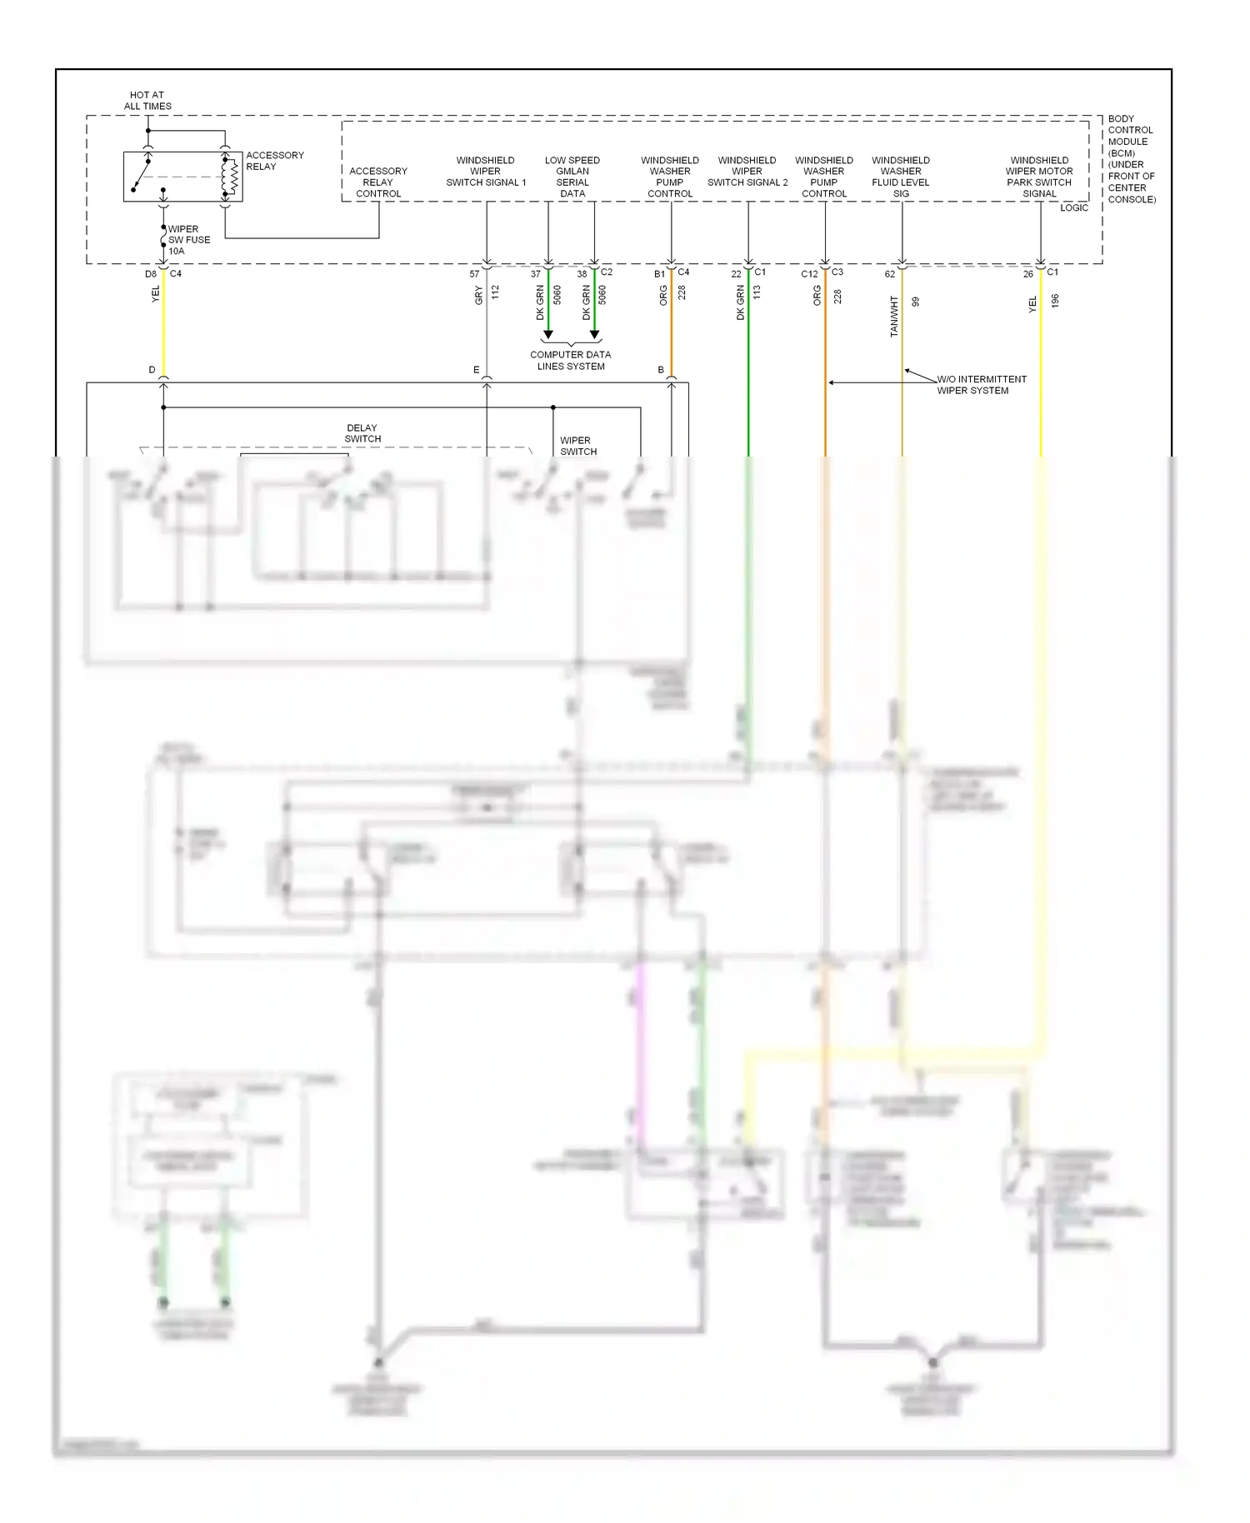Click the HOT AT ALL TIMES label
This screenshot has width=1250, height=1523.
[x=147, y=101]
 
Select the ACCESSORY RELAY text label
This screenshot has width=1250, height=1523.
[x=274, y=161]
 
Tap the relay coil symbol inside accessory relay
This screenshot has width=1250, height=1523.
[x=227, y=177]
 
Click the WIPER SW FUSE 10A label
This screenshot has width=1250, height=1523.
[x=188, y=240]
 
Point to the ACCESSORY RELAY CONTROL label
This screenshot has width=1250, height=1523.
[x=378, y=182]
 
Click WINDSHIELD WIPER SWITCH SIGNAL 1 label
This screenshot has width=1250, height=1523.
[x=486, y=172]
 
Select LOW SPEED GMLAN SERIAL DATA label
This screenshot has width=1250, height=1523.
[x=572, y=177]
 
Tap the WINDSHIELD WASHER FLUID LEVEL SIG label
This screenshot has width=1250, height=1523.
[x=901, y=177]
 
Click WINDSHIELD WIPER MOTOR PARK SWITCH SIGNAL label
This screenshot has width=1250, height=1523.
[x=1039, y=177]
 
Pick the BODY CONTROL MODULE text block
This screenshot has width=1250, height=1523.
[x=1131, y=159]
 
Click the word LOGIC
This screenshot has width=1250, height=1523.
[x=1073, y=208]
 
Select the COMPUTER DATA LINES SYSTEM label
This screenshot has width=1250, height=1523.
[x=571, y=361]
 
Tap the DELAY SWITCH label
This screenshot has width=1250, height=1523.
[x=362, y=433]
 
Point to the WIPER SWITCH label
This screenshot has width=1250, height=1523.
[x=577, y=446]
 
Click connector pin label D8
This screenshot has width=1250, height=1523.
[x=151, y=274]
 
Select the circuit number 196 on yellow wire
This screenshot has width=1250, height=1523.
[x=1055, y=301]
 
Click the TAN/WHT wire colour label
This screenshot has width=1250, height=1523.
[x=894, y=317]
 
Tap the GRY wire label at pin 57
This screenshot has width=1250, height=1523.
[x=479, y=296]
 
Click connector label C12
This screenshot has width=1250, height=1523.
[x=809, y=274]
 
